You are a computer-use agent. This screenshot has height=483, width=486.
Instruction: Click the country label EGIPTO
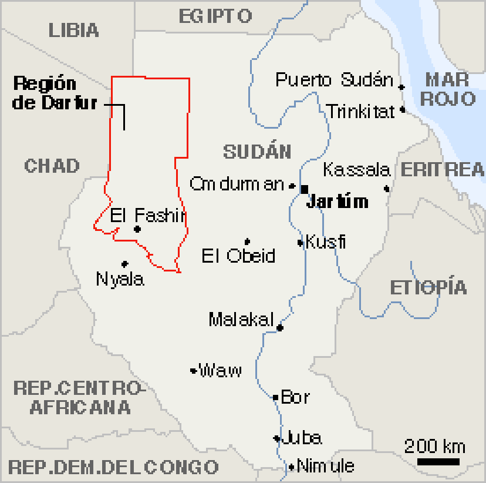(x=215, y=16)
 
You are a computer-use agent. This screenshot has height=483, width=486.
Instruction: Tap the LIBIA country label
(x=74, y=30)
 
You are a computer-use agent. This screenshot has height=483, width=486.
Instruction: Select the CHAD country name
(x=52, y=166)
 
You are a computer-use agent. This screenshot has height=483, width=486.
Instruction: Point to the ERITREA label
(x=443, y=170)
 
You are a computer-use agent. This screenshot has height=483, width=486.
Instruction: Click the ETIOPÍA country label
(x=428, y=288)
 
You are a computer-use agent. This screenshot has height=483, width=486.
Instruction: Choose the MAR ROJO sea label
(x=447, y=89)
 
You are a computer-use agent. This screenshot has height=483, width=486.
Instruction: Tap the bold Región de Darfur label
(x=54, y=93)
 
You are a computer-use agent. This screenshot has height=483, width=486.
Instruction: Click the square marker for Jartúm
(x=304, y=189)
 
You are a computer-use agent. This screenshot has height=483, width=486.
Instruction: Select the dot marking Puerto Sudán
(x=401, y=87)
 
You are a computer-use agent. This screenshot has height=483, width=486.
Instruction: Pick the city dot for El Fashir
(x=137, y=229)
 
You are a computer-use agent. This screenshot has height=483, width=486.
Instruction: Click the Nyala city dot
(x=124, y=264)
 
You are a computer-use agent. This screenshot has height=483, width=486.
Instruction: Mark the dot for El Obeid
(x=247, y=241)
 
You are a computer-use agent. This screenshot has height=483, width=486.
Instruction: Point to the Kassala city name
(x=356, y=170)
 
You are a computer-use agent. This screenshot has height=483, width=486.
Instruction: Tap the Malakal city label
(x=241, y=320)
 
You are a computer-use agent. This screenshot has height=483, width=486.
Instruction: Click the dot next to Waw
(x=193, y=370)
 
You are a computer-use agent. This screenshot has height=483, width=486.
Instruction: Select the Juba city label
(x=302, y=438)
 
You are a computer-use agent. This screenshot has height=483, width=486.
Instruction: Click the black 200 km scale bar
(x=438, y=462)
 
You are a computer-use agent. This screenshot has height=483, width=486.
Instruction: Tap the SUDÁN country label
(x=257, y=152)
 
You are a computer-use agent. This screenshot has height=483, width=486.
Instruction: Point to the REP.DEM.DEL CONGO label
(x=113, y=468)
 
